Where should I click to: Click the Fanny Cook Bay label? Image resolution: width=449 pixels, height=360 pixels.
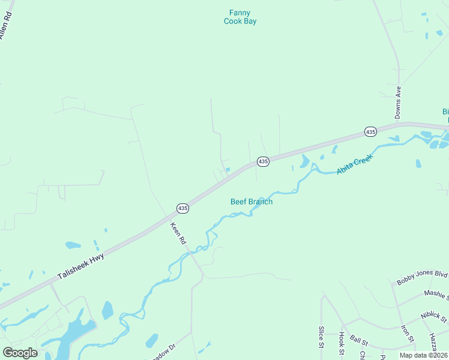[240, 17]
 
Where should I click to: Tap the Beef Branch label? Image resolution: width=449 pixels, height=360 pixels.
[252, 202]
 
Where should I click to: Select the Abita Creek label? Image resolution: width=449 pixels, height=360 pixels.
[355, 164]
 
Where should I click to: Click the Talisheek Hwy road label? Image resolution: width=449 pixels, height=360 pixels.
[81, 266]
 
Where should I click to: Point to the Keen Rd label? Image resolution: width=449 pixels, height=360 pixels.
[178, 233]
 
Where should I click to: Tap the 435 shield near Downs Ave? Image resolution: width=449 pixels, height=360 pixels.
[370, 131]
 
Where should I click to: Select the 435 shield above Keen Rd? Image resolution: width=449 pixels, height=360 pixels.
[183, 208]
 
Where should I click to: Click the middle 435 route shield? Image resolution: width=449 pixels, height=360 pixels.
[263, 161]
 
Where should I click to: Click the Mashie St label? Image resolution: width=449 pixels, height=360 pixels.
[436, 295]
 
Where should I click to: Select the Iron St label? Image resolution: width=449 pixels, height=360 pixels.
[408, 334]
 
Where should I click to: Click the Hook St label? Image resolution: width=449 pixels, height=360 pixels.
[341, 342]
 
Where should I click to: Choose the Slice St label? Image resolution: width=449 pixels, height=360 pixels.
[321, 337]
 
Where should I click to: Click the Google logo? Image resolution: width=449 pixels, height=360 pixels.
[20, 353]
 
